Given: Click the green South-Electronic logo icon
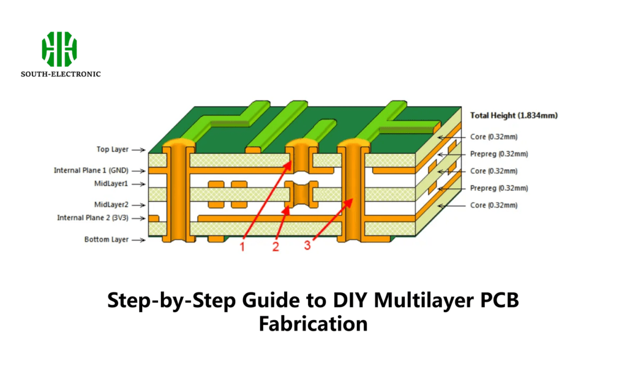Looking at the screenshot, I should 59,49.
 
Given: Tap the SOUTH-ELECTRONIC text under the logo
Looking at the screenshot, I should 61,74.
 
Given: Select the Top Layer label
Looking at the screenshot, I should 112,149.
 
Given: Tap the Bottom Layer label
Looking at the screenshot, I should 106,239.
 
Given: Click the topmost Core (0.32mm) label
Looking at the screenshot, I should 494,137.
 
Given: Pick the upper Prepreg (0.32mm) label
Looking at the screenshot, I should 498,154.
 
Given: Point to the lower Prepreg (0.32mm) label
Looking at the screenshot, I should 498,188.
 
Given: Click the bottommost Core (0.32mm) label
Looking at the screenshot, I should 494,205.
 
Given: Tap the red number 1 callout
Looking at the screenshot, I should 242,247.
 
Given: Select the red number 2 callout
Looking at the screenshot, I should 276,247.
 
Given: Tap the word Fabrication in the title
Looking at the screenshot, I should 313,323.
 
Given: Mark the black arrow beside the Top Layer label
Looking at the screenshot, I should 139,150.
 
